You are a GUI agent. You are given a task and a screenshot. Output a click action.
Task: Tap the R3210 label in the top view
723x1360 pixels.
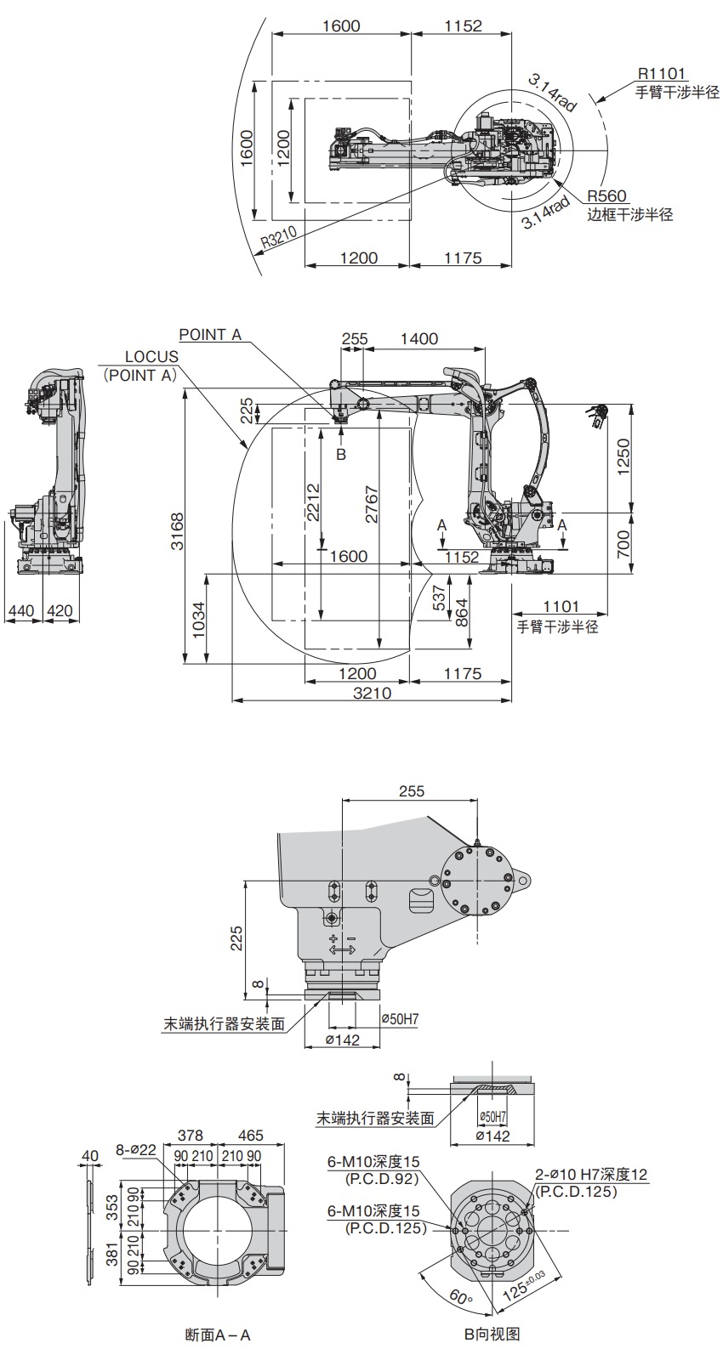click(279, 237)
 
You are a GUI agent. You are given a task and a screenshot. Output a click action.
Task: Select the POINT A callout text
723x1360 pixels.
click(210, 335)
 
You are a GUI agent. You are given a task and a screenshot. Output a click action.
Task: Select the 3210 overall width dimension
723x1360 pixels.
click(372, 693)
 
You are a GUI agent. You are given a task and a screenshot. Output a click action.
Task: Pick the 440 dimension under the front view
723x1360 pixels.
click(20, 610)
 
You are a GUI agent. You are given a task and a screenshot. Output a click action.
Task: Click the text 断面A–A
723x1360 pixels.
click(218, 1334)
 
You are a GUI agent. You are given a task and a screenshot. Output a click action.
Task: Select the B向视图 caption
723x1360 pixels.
click(491, 1334)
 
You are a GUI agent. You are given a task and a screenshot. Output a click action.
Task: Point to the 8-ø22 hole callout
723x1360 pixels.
click(136, 1151)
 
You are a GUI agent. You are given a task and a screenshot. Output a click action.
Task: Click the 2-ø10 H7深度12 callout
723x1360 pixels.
click(591, 1175)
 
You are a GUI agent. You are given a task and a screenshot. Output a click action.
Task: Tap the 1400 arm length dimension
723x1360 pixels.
click(418, 338)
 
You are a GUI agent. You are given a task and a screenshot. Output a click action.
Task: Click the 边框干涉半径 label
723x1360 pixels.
click(629, 215)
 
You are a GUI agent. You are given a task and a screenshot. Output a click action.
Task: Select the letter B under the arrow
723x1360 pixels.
click(341, 455)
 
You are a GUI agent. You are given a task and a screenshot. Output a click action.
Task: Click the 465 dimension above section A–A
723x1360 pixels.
click(251, 1135)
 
